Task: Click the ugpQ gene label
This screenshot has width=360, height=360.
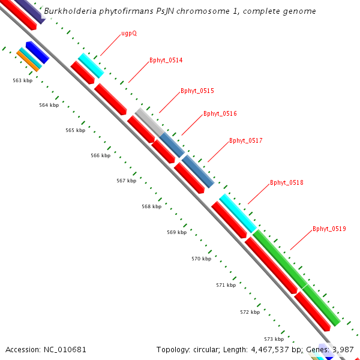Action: pyautogui.click(x=129, y=34)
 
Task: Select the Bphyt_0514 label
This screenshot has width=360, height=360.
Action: pyautogui.click(x=166, y=61)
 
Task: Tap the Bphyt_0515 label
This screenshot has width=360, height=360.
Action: pyautogui.click(x=197, y=91)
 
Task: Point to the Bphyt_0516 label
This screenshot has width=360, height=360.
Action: pyautogui.click(x=220, y=114)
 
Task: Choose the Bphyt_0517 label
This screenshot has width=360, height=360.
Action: pyautogui.click(x=246, y=141)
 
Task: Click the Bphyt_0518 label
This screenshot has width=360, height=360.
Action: pyautogui.click(x=287, y=182)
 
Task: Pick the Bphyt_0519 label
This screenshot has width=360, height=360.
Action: pyautogui.click(x=329, y=229)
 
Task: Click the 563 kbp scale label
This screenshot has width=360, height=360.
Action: pyautogui.click(x=23, y=80)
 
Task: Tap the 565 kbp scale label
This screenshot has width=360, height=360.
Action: pyautogui.click(x=75, y=130)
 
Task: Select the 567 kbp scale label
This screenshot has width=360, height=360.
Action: pyautogui.click(x=126, y=181)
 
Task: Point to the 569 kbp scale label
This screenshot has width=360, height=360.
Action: pyautogui.click(x=176, y=232)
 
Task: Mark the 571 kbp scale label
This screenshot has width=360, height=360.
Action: pyautogui.click(x=226, y=285)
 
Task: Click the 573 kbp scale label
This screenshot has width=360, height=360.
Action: pyautogui.click(x=274, y=339)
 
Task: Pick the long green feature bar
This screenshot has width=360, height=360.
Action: pyautogui.click(x=296, y=277)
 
